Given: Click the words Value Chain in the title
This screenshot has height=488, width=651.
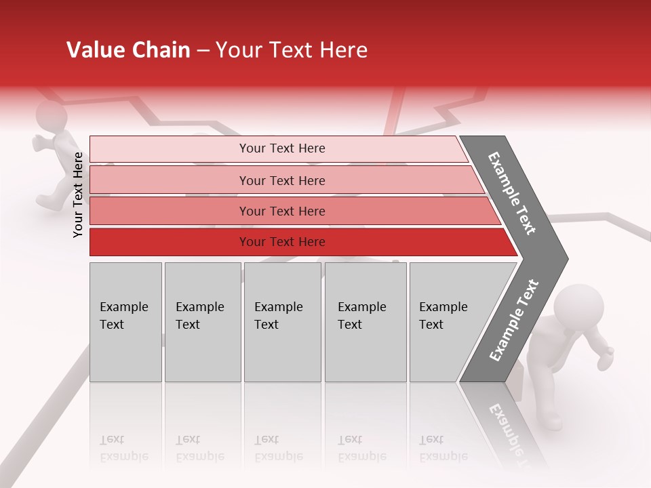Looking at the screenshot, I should point(128,50).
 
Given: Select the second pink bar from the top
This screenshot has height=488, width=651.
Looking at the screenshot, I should point(282,180).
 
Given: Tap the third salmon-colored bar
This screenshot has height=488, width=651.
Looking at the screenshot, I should point(282,211).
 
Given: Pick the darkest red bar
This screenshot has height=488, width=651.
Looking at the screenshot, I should point(282,242).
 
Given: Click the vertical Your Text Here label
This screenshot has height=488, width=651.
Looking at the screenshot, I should point(78,195).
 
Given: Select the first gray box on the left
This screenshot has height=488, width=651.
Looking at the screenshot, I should point(125,322).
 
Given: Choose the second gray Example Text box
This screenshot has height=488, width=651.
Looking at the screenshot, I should point(202,322).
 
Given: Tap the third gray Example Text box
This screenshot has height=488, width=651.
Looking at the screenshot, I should point(282,322).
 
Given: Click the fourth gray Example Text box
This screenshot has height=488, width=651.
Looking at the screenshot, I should point(365,322).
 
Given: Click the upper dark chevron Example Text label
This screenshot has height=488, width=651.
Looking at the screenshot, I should point(512,193).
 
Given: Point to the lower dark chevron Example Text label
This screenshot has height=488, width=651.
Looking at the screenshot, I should point(514,320).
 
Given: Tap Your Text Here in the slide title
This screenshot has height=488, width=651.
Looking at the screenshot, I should point(292,50).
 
